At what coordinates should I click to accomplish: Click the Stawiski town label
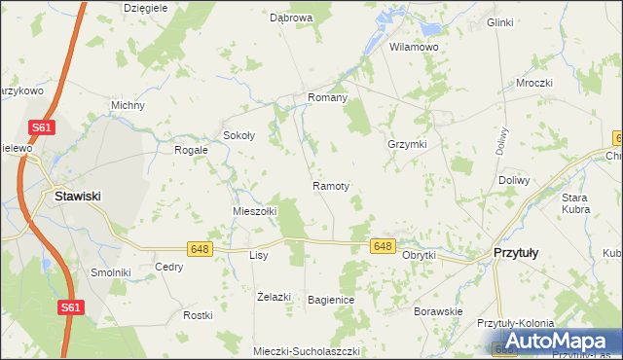(77, 196)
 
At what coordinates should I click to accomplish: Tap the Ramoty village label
(331, 185)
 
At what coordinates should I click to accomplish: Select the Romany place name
(327, 98)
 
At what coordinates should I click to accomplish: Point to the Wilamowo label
(414, 47)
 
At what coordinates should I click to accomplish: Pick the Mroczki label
(534, 84)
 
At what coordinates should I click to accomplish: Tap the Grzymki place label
(407, 143)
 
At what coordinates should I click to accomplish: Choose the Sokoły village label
(238, 136)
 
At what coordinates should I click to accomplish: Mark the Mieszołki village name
(255, 210)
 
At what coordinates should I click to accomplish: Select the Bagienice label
(330, 300)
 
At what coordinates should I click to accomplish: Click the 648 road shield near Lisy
(201, 249)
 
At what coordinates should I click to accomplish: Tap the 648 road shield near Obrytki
(382, 247)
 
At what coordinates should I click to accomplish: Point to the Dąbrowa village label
(290, 18)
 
